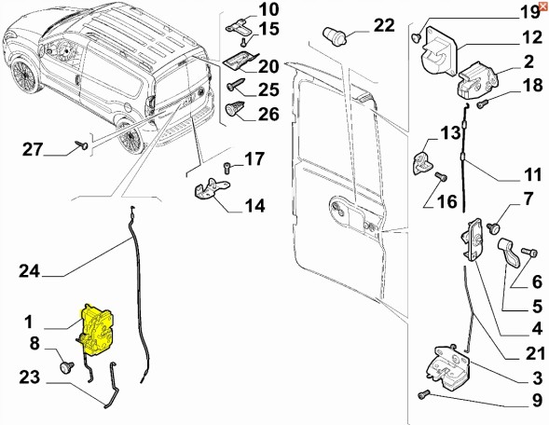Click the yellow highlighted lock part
tap(98, 330)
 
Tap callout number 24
tap(30, 271)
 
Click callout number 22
tap(384, 25)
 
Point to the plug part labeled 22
tap(334, 35)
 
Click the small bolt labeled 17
tap(226, 168)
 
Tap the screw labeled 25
tap(236, 85)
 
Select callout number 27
tap(33, 149)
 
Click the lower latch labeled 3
tap(447, 366)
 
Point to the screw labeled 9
tap(424, 395)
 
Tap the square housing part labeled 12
tap(439, 51)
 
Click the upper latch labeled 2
tap(477, 79)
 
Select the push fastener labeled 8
tap(66, 367)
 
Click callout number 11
tap(532, 174)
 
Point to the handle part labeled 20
tap(240, 61)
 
